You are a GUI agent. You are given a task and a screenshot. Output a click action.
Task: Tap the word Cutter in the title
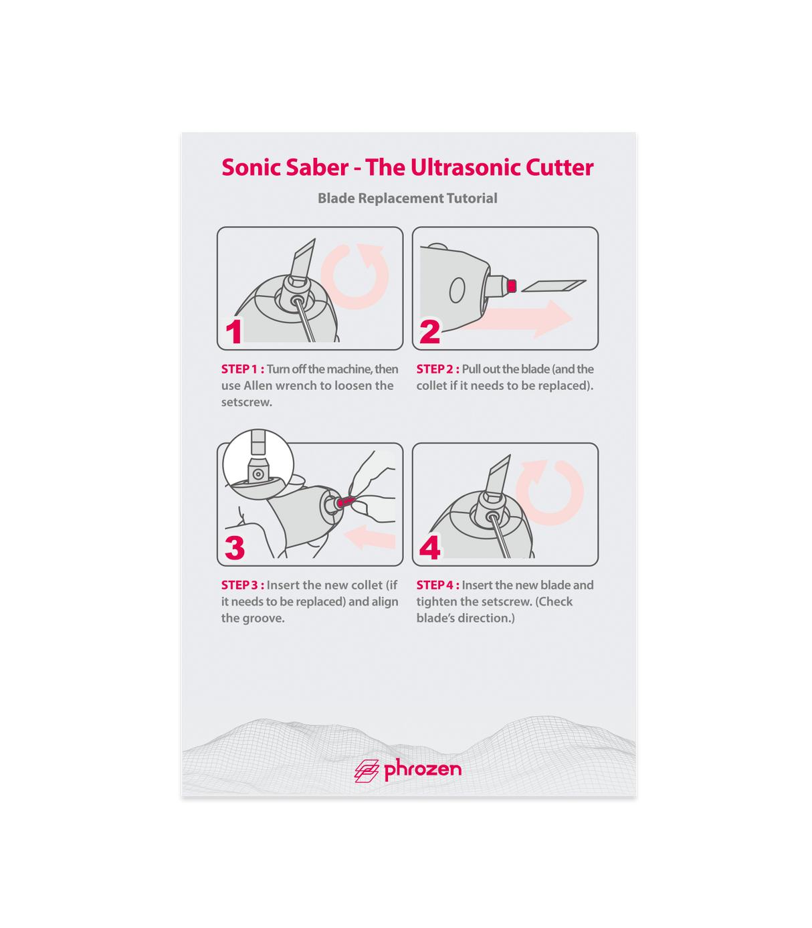(559, 167)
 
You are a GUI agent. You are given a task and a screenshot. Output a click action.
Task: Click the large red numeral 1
(234, 332)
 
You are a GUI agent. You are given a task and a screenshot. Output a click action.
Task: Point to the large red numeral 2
(430, 332)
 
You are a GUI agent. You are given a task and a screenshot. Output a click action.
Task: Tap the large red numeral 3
(235, 547)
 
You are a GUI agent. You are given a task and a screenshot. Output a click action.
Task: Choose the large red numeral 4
(430, 547)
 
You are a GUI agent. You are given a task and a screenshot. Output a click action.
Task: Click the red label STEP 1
(243, 369)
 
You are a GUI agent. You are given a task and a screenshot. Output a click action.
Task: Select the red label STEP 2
(438, 369)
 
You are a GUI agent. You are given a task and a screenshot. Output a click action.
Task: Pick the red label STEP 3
(243, 585)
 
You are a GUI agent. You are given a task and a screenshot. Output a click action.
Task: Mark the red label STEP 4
(438, 585)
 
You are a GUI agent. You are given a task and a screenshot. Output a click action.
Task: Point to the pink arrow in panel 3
(369, 537)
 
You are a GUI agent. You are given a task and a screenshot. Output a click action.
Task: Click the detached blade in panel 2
(554, 285)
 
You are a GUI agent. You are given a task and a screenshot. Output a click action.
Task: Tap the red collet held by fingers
(346, 501)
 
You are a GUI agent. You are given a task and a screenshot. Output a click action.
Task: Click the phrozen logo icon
(367, 771)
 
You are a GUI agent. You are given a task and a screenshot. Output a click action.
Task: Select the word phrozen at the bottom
(423, 769)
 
